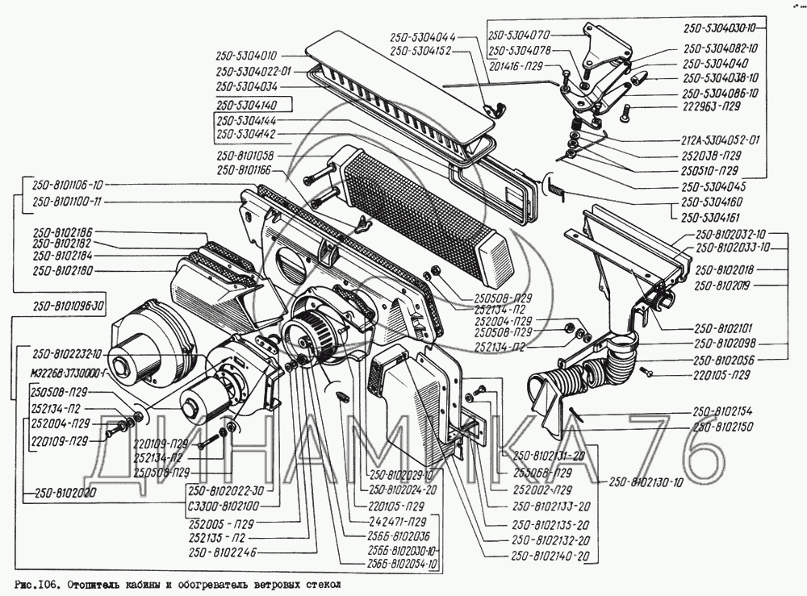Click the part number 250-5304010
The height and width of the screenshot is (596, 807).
247,56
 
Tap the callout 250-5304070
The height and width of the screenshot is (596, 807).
520,36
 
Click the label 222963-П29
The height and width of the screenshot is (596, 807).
711,106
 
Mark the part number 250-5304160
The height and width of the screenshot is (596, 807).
712,202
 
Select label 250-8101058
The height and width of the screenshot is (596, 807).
246,155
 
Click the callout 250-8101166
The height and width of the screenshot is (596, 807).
246,170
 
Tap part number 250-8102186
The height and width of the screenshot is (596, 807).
63,231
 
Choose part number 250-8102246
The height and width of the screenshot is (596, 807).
222,552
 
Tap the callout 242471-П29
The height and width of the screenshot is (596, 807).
395,521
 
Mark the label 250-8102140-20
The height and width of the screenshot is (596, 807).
550,556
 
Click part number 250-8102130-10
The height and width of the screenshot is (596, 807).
646,483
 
